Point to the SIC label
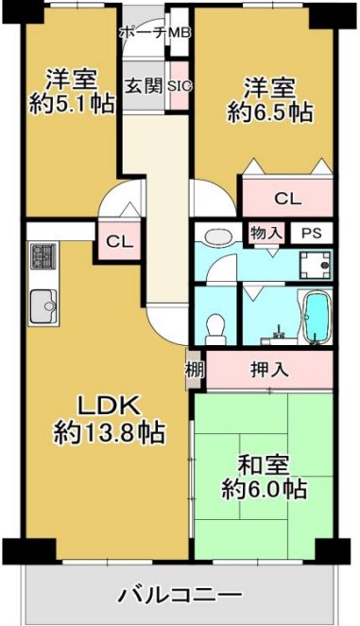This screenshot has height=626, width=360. point(180,86)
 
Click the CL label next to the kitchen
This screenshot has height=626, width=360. point(119,242)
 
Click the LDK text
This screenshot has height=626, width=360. point(108,407)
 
